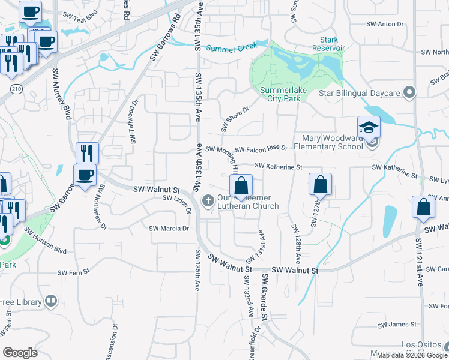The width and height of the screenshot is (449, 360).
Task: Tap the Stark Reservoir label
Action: (x=328, y=43)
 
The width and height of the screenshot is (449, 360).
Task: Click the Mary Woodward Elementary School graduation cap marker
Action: (x=369, y=127)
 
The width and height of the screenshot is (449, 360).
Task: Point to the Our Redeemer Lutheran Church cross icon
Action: (x=208, y=201)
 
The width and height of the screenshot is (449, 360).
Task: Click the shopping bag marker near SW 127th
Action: (x=321, y=184)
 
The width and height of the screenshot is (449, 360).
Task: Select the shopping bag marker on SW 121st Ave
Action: (x=424, y=208)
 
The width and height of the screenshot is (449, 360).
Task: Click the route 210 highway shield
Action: (x=14, y=89)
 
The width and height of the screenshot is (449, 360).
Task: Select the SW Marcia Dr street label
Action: (x=169, y=229)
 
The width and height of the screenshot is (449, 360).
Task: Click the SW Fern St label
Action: (x=73, y=272)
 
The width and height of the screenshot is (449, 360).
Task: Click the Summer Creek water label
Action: (x=228, y=48)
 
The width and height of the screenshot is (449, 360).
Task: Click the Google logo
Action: (x=20, y=353)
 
